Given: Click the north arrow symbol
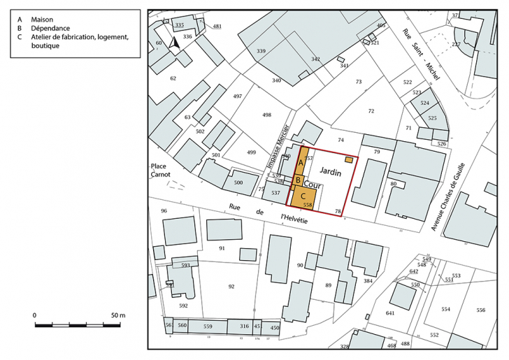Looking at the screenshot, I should tap(175, 42).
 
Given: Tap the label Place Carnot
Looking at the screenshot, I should tap(160, 171).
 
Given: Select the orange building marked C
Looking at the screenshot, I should tap(304, 198).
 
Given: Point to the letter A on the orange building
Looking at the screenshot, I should tap(301, 163).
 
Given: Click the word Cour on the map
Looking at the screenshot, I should tap(313, 186).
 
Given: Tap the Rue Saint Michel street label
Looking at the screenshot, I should tap(420, 55).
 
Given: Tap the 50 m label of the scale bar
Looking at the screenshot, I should tap(117, 316).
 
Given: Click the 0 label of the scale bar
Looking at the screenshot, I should tap(35, 316).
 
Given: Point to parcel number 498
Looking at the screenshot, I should tap(266, 114).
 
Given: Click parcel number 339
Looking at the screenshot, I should tap(261, 51).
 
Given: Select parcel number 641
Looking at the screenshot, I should tap(390, 313).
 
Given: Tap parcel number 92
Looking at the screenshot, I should tap(231, 287).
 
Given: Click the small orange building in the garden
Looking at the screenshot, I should tap(349, 159).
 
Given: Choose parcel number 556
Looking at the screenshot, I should tap(481, 310).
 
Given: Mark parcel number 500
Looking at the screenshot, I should tap(238, 182).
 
